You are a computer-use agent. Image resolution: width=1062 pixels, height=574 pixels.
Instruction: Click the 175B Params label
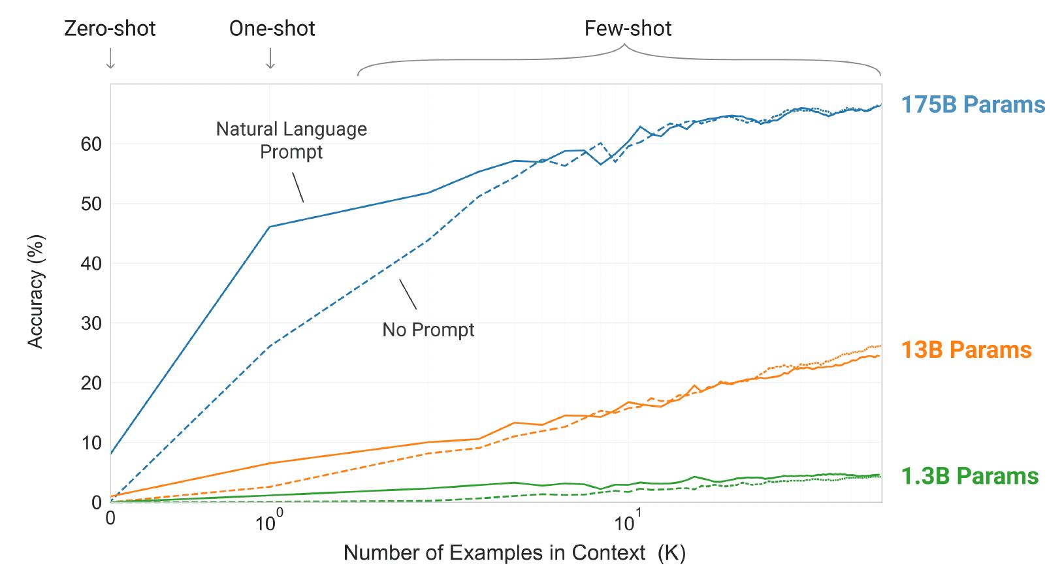[973, 105]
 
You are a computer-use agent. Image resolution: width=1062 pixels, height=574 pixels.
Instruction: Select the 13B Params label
[966, 350]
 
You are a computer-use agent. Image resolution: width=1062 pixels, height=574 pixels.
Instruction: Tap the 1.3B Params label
[969, 476]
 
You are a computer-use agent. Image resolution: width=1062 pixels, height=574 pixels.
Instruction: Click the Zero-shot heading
[110, 29]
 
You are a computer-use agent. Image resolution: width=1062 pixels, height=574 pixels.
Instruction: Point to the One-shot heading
[272, 29]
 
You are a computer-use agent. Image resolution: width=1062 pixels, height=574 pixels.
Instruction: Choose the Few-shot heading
[628, 29]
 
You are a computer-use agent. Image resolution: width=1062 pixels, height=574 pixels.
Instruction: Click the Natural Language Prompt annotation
[291, 140]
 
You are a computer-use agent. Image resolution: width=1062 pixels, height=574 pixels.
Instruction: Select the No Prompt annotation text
[428, 330]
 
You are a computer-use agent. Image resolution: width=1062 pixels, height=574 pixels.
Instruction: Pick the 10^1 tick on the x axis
[627, 522]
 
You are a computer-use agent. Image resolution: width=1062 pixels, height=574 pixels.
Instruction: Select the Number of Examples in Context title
[514, 553]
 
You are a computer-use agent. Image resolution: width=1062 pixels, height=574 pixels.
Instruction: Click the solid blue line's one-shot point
[270, 227]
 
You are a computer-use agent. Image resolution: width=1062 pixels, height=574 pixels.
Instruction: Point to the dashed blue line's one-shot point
[270, 346]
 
